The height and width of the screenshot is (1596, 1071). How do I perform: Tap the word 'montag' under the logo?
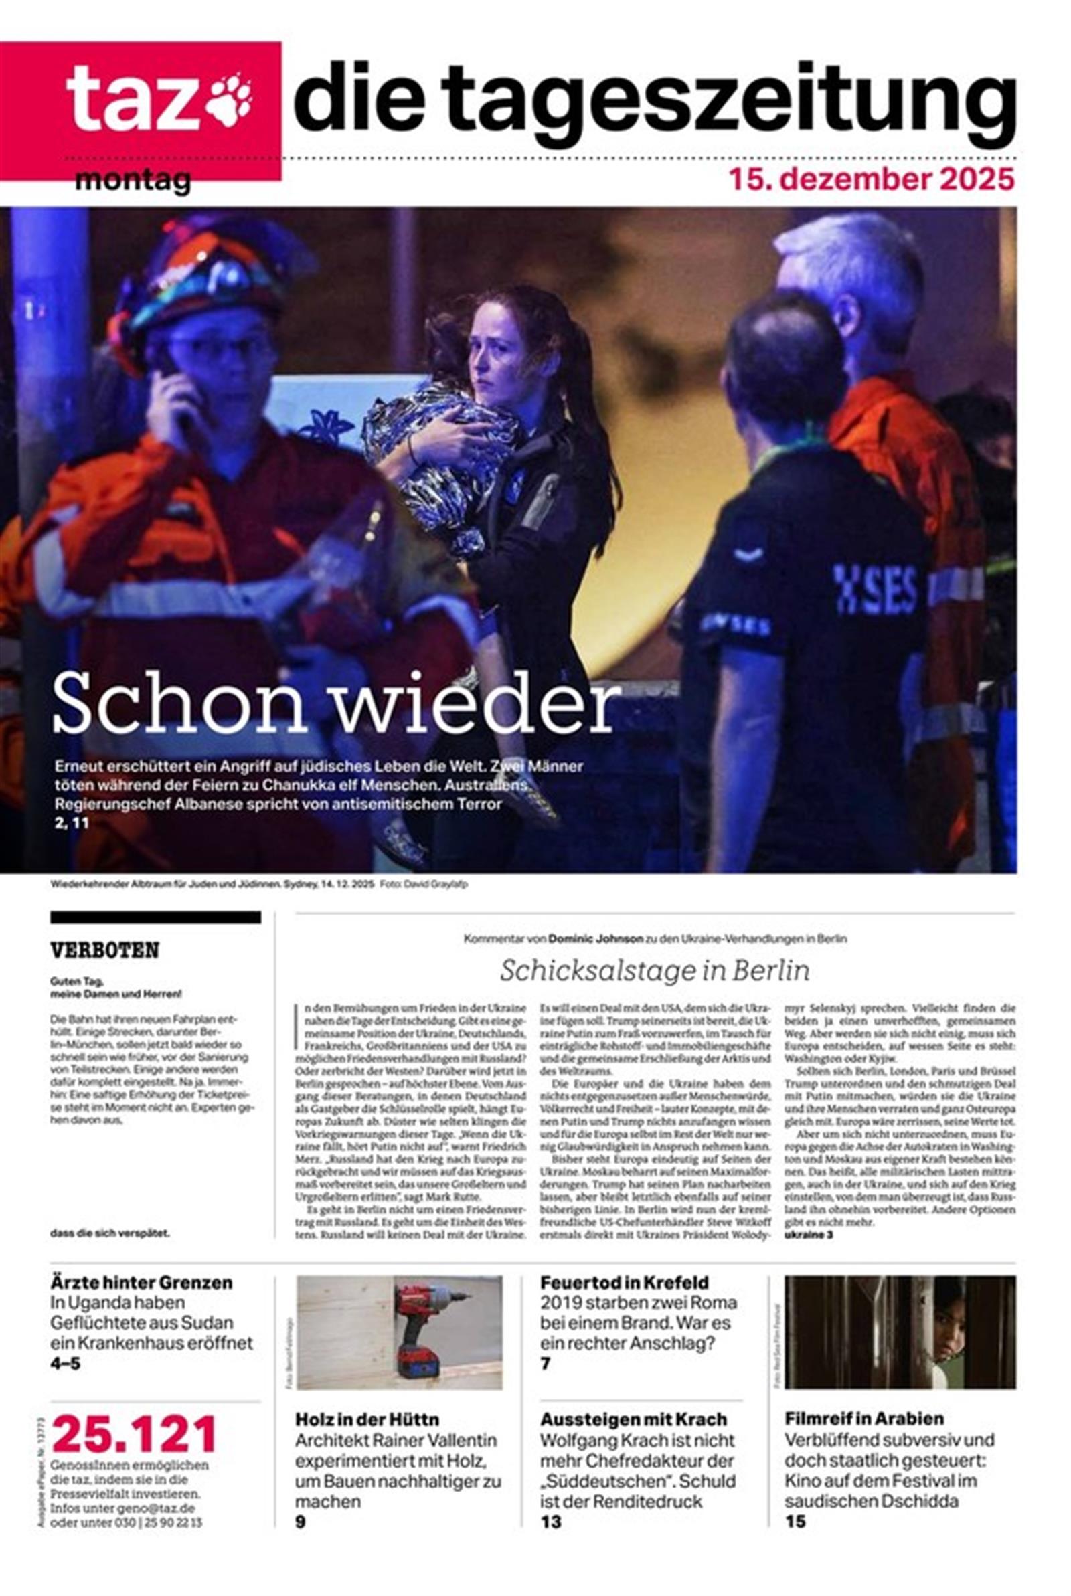click(133, 182)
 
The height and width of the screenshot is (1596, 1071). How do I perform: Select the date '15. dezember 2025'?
click(872, 179)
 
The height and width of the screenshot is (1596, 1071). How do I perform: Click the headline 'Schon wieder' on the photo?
click(336, 704)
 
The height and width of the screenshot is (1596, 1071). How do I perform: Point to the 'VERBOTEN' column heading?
click(104, 950)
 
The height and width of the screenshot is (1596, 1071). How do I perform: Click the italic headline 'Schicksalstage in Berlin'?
click(655, 970)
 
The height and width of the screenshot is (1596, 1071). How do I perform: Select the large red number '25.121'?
click(135, 1435)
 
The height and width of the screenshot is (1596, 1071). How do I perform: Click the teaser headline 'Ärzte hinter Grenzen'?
click(141, 1283)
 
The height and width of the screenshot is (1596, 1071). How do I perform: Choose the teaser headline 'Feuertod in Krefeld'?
click(625, 1283)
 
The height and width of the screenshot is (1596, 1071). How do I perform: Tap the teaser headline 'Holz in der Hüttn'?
click(367, 1420)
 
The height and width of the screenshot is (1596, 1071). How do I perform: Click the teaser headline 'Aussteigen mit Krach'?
click(633, 1420)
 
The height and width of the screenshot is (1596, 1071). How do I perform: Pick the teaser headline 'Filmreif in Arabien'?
click(863, 1419)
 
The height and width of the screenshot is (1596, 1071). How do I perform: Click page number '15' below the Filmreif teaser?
click(795, 1522)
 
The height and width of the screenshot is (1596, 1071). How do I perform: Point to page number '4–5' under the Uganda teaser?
click(65, 1364)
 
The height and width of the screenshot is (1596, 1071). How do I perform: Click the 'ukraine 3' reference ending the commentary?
click(809, 1235)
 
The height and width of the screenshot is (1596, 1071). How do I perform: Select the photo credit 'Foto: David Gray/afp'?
click(424, 885)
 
